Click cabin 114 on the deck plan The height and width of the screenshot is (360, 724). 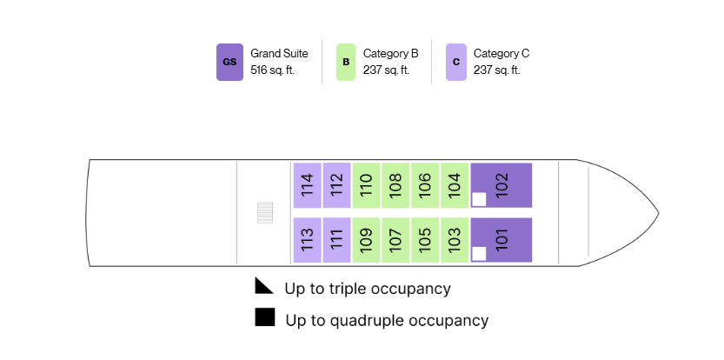point(308,185)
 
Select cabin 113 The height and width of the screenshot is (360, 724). point(308,240)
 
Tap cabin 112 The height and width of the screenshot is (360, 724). point(336,185)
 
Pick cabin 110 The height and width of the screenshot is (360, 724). point(366,185)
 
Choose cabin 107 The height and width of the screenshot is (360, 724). point(395,240)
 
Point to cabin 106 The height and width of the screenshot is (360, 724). point(425,185)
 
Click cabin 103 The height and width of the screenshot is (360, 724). point(455,240)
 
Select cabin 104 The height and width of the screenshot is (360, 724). point(455,185)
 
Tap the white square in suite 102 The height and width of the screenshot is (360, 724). point(479,199)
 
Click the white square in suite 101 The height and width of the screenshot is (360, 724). point(479,254)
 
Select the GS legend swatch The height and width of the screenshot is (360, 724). point(230,62)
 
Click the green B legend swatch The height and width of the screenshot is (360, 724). point(346,62)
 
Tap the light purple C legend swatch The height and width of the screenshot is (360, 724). point(456,62)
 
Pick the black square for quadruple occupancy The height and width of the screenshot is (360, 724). point(265,317)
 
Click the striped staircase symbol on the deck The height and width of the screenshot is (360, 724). point(265,212)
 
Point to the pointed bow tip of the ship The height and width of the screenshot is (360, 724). point(658,213)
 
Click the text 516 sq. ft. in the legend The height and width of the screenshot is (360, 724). point(272,70)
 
